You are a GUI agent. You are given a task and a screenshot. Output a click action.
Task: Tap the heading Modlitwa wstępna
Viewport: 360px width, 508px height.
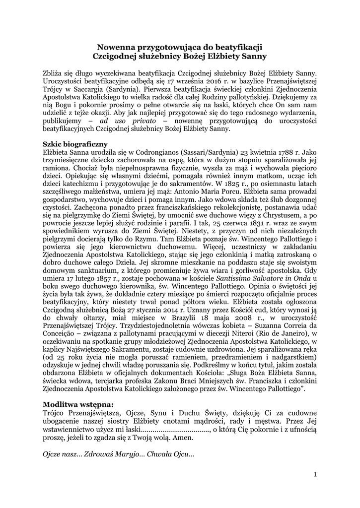(78, 403)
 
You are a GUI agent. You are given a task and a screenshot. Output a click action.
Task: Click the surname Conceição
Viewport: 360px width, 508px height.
(59, 342)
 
